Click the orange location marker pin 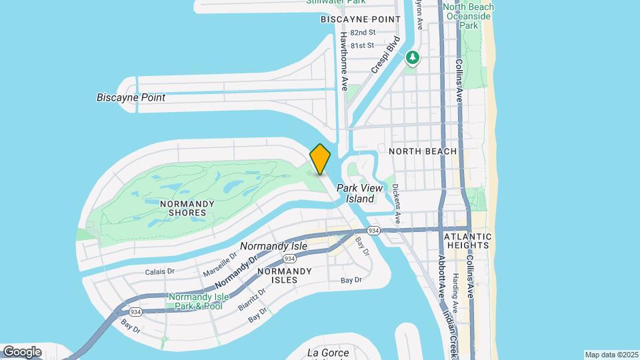pyautogui.click(x=320, y=159)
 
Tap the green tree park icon pyautogui.click(x=413, y=58)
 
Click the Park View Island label pyautogui.click(x=360, y=193)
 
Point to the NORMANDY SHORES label pyautogui.click(x=187, y=208)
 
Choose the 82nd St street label pyautogui.click(x=363, y=32)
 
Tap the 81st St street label pyautogui.click(x=363, y=45)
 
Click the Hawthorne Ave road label pyautogui.click(x=345, y=61)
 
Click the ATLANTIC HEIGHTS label pyautogui.click(x=467, y=241)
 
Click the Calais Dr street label pyautogui.click(x=160, y=271)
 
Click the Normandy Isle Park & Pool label pyautogui.click(x=195, y=301)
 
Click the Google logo pyautogui.click(x=22, y=351)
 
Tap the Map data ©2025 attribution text pyautogui.click(x=611, y=355)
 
